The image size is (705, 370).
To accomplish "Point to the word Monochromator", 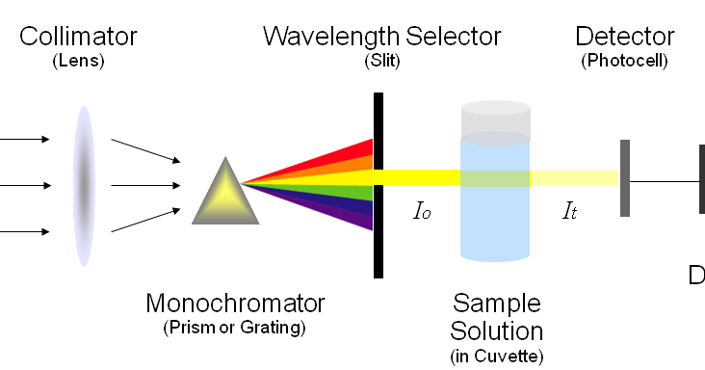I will [x=235, y=304].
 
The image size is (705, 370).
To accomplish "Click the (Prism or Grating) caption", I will [x=235, y=328].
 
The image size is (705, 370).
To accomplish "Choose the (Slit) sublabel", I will [x=381, y=61].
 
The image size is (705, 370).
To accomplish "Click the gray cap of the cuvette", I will [x=495, y=119].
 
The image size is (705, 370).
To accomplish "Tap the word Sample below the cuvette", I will [x=498, y=304].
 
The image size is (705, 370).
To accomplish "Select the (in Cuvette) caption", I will [x=497, y=357].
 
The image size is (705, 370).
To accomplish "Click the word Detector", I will [x=624, y=38].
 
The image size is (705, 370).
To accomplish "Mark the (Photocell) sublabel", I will [x=624, y=61].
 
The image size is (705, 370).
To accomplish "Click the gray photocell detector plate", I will [x=625, y=179].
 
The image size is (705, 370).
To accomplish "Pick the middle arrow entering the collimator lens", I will [x=25, y=185].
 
